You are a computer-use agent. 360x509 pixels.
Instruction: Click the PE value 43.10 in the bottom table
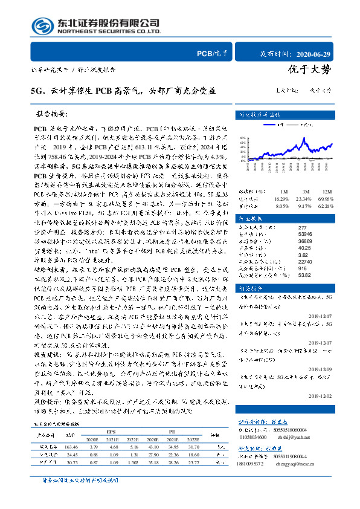click(167, 446)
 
